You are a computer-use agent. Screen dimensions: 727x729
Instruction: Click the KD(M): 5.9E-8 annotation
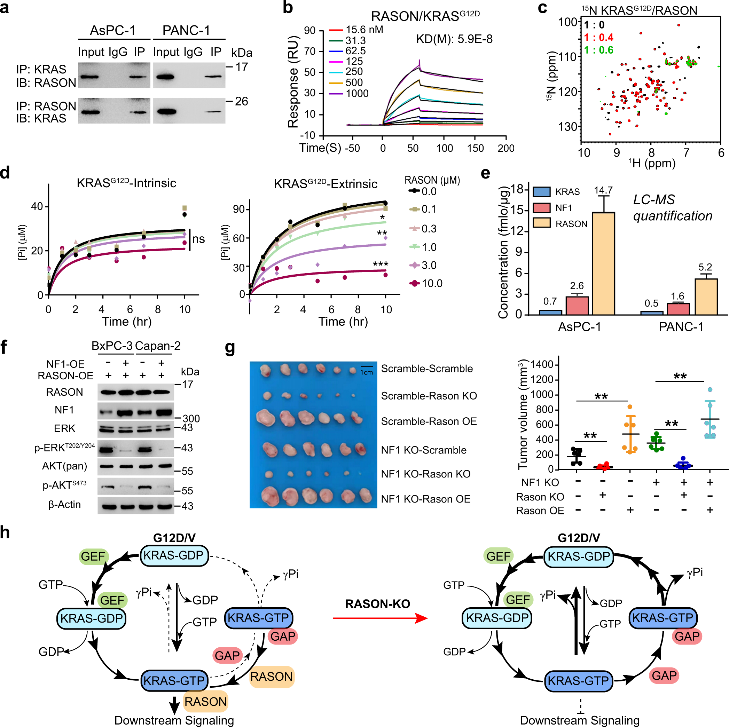pos(454,39)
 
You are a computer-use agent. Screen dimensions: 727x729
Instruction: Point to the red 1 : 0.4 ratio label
pos(598,37)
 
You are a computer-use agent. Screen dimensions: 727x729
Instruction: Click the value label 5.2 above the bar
pos(705,267)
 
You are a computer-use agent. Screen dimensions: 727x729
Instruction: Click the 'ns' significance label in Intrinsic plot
pos(198,239)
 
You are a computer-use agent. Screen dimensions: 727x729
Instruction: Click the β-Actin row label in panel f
pos(64,504)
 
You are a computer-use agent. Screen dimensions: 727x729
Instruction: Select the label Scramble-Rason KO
pos(429,396)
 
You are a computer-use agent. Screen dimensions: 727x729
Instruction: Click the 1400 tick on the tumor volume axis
pos(542,364)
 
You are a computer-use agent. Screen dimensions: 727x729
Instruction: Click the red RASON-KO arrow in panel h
pos(379,618)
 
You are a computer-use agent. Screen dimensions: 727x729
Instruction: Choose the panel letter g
pos(230,348)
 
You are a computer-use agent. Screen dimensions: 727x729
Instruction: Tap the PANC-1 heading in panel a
pos(186,30)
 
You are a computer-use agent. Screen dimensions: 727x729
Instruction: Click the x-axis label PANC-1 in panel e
pos(681,327)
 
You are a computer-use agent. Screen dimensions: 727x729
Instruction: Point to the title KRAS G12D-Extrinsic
pos(325,184)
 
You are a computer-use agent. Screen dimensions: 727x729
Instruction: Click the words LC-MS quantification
pos(672,208)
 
